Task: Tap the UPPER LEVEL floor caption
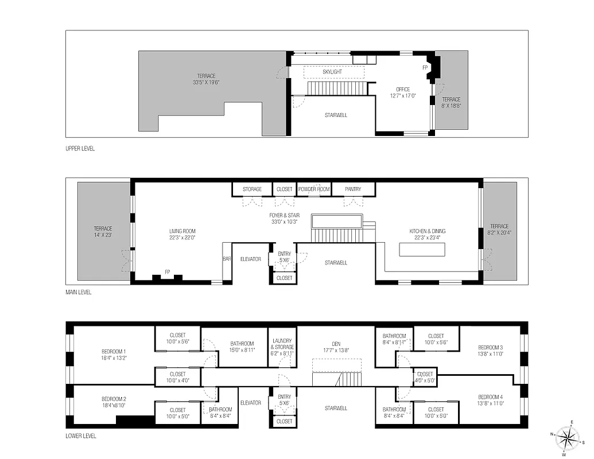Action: pyautogui.click(x=80, y=149)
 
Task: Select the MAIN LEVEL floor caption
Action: pyautogui.click(x=79, y=292)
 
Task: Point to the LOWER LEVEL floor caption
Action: pyautogui.click(x=81, y=436)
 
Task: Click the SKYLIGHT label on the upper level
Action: pyautogui.click(x=332, y=72)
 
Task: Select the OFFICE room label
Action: pyautogui.click(x=402, y=90)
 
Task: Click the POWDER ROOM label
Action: pyautogui.click(x=314, y=189)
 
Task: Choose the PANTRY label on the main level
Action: pyautogui.click(x=353, y=189)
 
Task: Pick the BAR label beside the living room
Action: pyautogui.click(x=227, y=259)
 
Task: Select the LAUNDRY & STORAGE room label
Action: pyautogui.click(x=282, y=344)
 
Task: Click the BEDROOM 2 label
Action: pyautogui.click(x=114, y=399)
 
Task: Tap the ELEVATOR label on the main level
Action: pyautogui.click(x=250, y=259)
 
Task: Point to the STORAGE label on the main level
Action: pyautogui.click(x=252, y=189)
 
